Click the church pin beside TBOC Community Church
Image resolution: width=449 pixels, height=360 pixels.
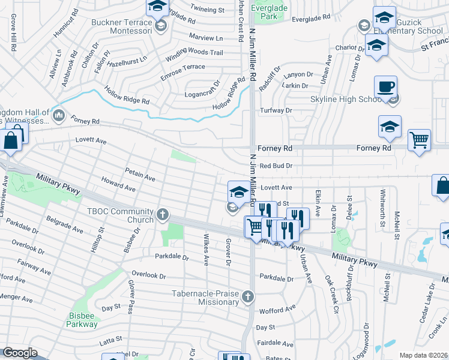(162, 214)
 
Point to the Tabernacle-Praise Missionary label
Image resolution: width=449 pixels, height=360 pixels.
(205, 298)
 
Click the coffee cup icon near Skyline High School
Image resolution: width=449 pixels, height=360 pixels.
(385, 88)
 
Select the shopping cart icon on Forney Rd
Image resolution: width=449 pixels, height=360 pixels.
(419, 140)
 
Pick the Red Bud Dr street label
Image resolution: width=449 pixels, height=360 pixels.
(276, 166)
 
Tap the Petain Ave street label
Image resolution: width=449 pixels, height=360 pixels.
(140, 174)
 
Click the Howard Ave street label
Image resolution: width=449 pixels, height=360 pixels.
(118, 184)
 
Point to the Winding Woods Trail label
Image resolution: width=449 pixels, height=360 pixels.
(194, 53)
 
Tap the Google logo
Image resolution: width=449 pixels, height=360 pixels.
(20, 352)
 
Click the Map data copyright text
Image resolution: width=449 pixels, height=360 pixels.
(423, 355)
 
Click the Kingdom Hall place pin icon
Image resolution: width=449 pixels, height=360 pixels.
(59, 115)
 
